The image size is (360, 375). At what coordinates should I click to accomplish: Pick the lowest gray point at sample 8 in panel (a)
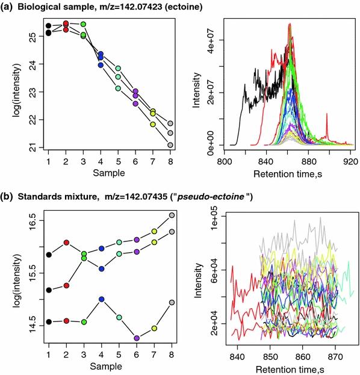[171, 145]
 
